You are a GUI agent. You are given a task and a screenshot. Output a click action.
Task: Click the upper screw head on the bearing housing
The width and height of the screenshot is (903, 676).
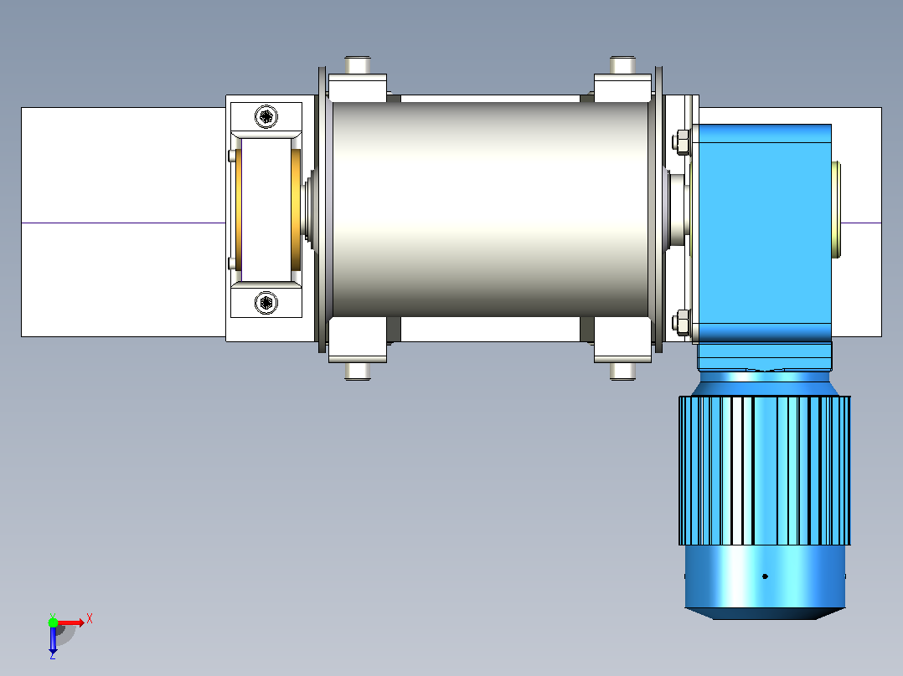[x=266, y=117]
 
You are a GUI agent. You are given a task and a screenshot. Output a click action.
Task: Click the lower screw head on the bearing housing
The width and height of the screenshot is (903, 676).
[x=266, y=303]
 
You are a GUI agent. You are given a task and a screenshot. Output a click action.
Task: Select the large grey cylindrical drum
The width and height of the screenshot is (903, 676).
[x=491, y=209]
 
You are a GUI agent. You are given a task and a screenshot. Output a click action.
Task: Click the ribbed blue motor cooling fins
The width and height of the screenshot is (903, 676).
[x=765, y=470]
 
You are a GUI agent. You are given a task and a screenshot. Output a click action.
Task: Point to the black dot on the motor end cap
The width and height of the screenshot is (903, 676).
[x=765, y=576]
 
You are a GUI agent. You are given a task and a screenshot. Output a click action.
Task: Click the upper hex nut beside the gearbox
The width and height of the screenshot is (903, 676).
[x=681, y=142]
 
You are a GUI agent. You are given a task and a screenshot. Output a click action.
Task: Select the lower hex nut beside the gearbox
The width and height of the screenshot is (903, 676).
[x=681, y=323]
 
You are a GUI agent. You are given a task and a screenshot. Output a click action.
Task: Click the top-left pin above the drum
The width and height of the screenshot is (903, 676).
[x=358, y=64]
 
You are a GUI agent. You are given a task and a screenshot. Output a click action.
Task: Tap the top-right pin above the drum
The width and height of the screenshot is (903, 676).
[x=622, y=64]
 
